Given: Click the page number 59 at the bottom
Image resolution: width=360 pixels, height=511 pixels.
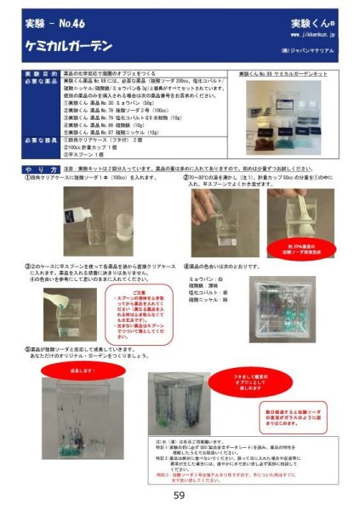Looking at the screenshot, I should [x=180, y=496].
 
